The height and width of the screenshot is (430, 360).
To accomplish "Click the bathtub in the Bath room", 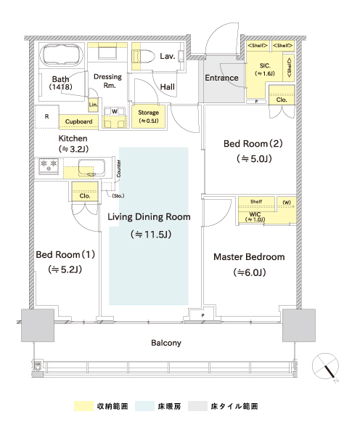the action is tap(62, 54).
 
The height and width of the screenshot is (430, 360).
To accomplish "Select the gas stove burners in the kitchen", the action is tap(49, 166).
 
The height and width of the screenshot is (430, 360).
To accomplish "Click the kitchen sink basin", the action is tap(91, 168).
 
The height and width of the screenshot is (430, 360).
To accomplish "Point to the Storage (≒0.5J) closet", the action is tap(149, 116).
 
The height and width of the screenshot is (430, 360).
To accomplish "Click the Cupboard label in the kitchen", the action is tap(78, 121).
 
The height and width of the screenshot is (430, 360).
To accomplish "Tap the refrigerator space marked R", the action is tap(47, 116).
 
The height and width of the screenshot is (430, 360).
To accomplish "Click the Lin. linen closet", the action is tap(93, 105).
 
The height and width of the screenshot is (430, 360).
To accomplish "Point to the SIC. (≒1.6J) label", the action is tap(265, 70).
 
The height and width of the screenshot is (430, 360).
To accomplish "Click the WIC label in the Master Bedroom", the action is tap(255, 214).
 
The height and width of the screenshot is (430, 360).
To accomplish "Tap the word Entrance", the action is tap(221, 78).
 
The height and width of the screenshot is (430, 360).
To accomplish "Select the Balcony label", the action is tap(166, 343).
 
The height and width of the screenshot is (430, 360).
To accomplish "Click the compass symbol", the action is tap(326, 367).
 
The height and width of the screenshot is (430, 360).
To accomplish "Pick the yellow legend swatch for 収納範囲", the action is tap(83, 406).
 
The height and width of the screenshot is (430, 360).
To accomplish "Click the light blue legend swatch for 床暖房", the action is tap(144, 406).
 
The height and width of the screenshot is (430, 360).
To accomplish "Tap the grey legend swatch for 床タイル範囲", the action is tap(197, 406).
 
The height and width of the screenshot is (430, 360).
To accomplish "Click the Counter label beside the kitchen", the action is tap(118, 169).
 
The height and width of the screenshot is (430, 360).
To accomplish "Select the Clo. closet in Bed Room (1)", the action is tap(85, 192).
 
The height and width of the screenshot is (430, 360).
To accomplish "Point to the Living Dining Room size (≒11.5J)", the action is tap(151, 235).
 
